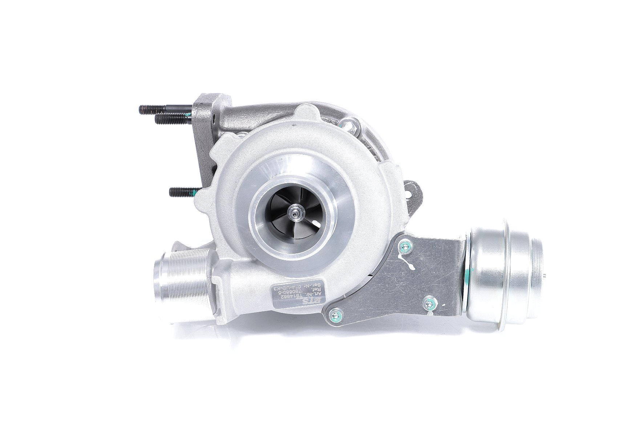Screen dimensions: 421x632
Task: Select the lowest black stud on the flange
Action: [x=182, y=191]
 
